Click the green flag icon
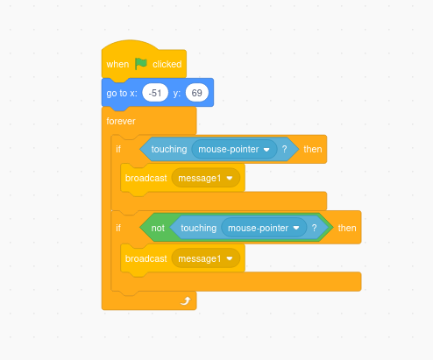point(141,64)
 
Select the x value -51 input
point(155,93)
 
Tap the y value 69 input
point(197,93)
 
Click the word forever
point(121,121)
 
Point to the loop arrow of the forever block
point(186,300)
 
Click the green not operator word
point(158,228)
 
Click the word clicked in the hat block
point(167,64)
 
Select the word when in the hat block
point(117,64)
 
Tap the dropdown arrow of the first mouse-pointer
point(266,150)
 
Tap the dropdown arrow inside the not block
point(296,228)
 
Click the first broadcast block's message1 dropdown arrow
point(230,178)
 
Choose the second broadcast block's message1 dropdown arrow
point(230,258)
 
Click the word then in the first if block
point(313,149)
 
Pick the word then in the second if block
point(347,228)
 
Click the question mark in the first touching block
point(284,149)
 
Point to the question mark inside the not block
point(314,228)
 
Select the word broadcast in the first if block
point(146,178)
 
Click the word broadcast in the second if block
point(146,258)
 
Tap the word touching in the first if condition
point(169,149)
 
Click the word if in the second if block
point(118,228)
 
